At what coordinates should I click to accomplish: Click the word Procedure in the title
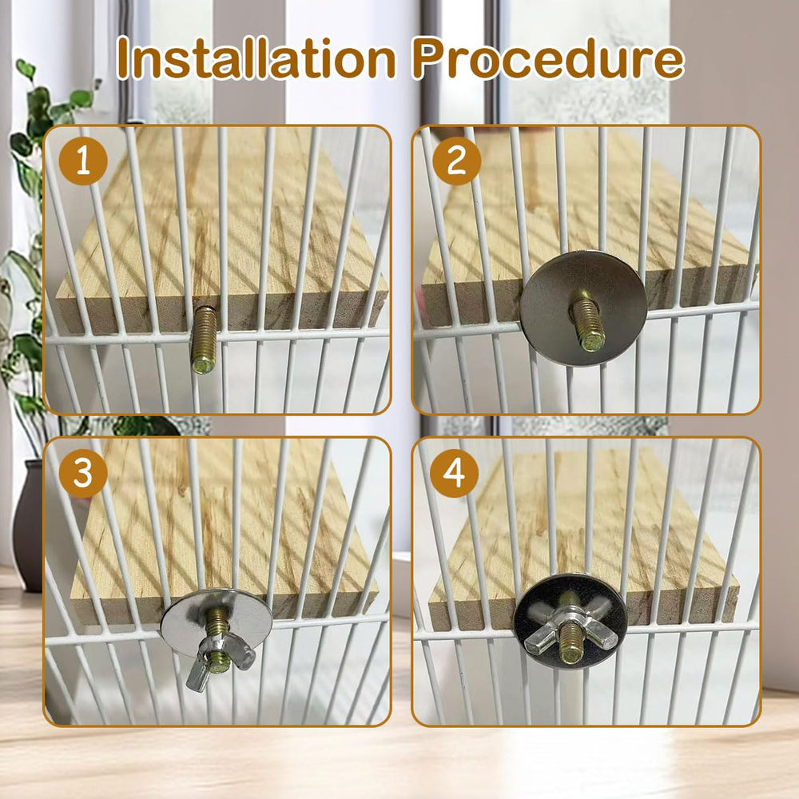point(548,61)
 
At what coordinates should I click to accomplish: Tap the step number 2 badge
point(456,161)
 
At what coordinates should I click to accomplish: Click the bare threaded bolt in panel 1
point(204,339)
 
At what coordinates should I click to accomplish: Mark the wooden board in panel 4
point(591,527)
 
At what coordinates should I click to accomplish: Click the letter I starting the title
point(123,59)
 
